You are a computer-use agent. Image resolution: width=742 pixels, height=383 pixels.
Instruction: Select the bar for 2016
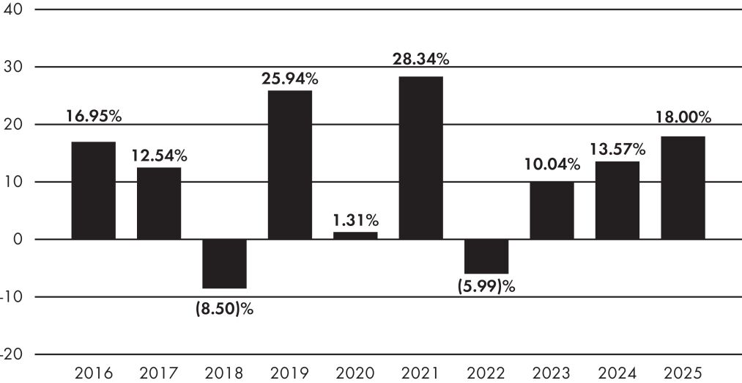point(94,191)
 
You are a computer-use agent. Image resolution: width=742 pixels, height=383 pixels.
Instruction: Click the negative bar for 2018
point(225,263)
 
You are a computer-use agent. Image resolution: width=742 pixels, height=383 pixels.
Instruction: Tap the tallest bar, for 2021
point(421,158)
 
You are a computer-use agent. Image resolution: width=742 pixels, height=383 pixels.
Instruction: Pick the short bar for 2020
point(355,236)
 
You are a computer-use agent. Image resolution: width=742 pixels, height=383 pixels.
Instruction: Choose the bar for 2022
point(486,257)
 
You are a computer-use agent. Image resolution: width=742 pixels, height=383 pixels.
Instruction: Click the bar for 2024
point(617,200)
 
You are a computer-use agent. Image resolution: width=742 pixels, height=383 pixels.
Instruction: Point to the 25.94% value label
point(290,79)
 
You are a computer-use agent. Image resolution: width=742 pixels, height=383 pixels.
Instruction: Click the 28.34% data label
point(421,60)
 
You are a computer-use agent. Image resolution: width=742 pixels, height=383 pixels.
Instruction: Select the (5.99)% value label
point(486,287)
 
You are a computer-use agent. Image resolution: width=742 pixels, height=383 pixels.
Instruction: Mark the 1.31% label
point(355,220)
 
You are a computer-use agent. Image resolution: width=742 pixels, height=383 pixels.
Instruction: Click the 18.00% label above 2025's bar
point(683,117)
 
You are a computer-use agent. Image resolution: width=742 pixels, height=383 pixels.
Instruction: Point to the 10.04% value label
point(552,164)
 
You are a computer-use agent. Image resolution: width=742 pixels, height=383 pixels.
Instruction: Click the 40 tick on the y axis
point(12,10)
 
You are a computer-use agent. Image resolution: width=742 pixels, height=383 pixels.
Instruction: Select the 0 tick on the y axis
point(18,239)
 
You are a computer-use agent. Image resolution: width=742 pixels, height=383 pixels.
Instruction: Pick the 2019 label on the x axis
point(290,373)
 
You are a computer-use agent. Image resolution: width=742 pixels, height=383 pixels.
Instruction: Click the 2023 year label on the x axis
point(552,373)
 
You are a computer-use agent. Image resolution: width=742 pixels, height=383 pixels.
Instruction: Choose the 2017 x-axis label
point(159,373)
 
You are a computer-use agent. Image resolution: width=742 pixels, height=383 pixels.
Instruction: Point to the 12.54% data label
point(159,155)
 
